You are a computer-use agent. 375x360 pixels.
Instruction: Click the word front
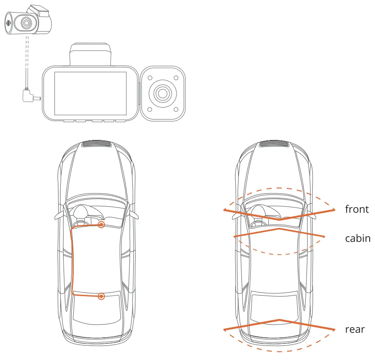click(x=357, y=209)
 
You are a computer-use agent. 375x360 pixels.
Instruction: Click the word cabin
click(x=358, y=238)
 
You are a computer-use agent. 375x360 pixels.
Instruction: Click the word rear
click(x=355, y=329)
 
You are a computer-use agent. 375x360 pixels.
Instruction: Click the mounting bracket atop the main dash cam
click(x=90, y=53)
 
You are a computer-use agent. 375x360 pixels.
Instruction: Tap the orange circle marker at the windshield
click(x=101, y=224)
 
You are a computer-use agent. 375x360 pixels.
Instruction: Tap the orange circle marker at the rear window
click(x=101, y=296)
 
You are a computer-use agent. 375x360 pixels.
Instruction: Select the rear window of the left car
click(x=96, y=307)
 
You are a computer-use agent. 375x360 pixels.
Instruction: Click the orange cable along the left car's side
click(x=73, y=259)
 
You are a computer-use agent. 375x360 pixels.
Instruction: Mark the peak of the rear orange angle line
click(x=279, y=320)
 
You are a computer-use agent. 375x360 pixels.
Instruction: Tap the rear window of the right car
click(x=275, y=307)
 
